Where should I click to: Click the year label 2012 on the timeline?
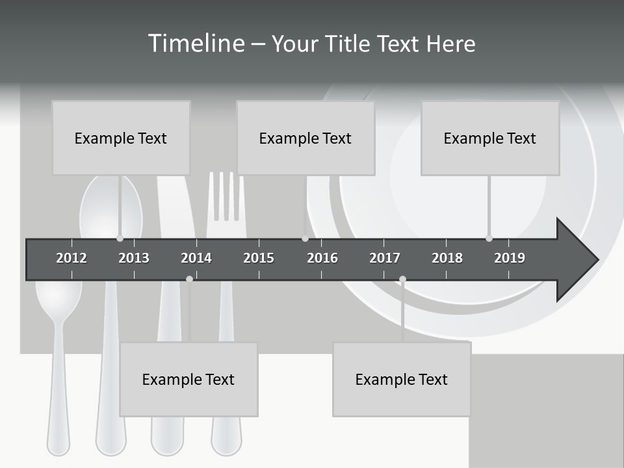pyautogui.click(x=71, y=258)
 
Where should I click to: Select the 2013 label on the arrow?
pyautogui.click(x=134, y=258)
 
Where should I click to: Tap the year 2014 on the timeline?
pyautogui.click(x=196, y=258)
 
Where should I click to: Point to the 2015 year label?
pyautogui.click(x=259, y=258)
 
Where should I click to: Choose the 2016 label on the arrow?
pyautogui.click(x=322, y=258)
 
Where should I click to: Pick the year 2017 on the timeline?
pyautogui.click(x=385, y=258)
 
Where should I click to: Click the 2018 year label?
pyautogui.click(x=447, y=258)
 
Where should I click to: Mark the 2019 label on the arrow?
pyautogui.click(x=510, y=258)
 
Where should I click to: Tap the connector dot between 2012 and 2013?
pyautogui.click(x=120, y=238)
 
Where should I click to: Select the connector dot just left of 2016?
pyautogui.click(x=305, y=238)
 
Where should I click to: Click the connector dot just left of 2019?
pyautogui.click(x=489, y=238)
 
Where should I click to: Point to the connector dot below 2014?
pyautogui.click(x=189, y=279)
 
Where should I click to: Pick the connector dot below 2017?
pyautogui.click(x=402, y=279)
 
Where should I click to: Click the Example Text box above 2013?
pyautogui.click(x=121, y=138)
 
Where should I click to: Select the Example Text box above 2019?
pyautogui.click(x=490, y=138)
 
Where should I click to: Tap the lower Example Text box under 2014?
pyautogui.click(x=188, y=379)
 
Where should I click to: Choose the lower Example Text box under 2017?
pyautogui.click(x=402, y=379)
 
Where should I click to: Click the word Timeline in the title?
pyautogui.click(x=195, y=44)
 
